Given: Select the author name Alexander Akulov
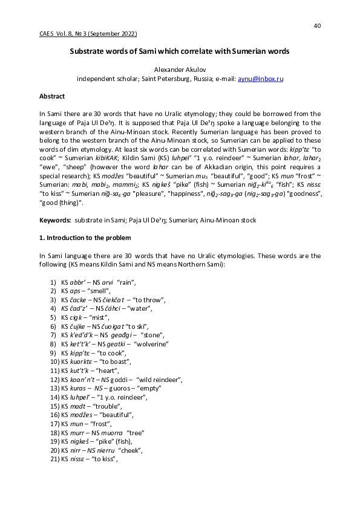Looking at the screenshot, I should (x=180, y=70).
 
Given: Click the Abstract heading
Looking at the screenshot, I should (x=52, y=96).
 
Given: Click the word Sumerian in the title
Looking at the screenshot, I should (x=249, y=51).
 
